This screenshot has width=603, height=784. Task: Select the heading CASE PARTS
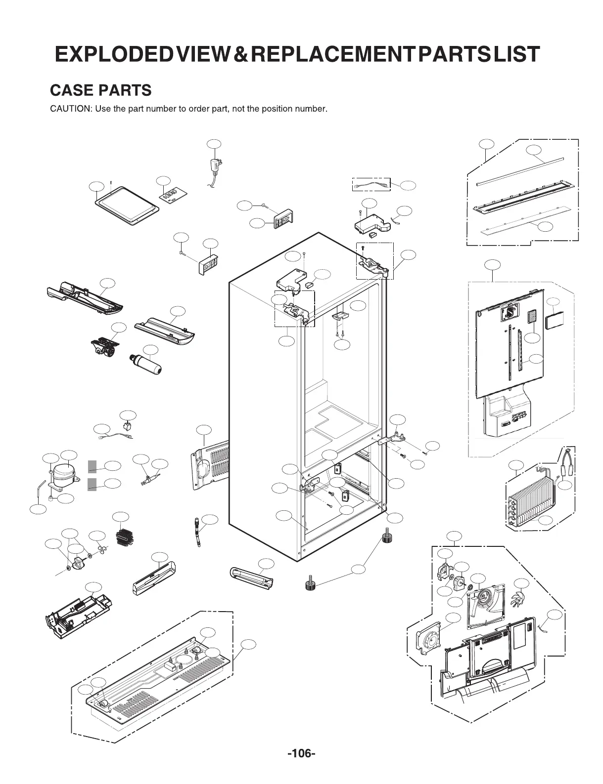(101, 90)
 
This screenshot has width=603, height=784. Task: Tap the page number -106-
(301, 754)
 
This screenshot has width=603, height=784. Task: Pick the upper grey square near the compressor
(92, 466)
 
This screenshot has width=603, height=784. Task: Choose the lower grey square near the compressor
(92, 484)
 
